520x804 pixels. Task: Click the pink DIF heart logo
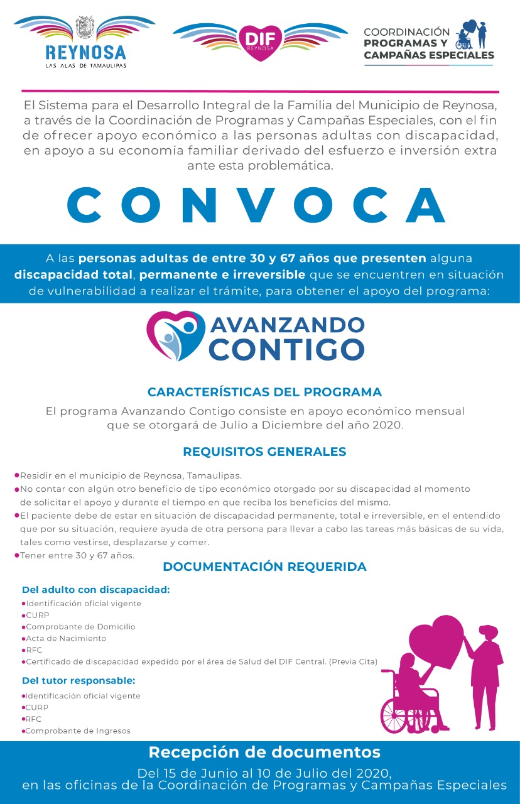point(260,42)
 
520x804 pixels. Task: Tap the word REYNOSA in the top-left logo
point(85,52)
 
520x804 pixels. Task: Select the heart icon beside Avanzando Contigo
point(175,335)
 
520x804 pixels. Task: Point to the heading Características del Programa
point(264,392)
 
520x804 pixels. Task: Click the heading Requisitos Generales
point(264,452)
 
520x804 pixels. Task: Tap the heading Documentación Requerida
point(264,567)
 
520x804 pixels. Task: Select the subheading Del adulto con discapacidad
point(96,590)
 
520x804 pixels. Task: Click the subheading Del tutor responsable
point(79,681)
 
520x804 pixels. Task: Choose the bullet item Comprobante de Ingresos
point(78,731)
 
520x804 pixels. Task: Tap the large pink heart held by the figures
point(441,642)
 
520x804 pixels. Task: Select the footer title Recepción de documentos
point(264,752)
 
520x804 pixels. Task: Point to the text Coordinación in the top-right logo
point(407,32)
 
